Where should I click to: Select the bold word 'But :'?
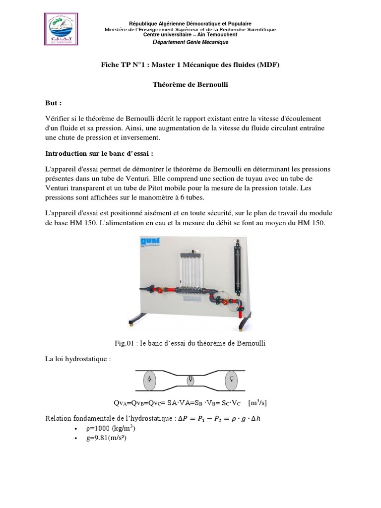point(54,104)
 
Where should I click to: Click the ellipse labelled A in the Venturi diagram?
point(149,380)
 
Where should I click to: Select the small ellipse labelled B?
point(190,380)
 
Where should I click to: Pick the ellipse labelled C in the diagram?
point(231,380)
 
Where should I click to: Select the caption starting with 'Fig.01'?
point(190,343)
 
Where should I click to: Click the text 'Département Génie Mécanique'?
point(190,42)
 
